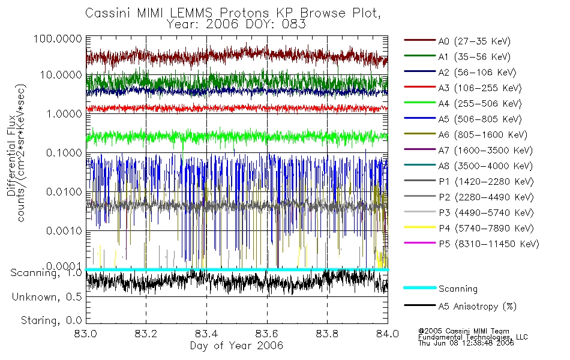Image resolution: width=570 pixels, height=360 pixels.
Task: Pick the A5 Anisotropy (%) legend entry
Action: [478, 307]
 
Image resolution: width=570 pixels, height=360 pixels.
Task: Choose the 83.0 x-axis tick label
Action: [86, 335]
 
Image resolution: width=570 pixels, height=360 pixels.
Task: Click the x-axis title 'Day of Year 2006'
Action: [236, 346]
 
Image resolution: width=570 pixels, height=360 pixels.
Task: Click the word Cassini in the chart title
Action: [104, 13]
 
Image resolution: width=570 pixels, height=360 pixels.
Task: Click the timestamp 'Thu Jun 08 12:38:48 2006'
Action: [466, 344]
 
